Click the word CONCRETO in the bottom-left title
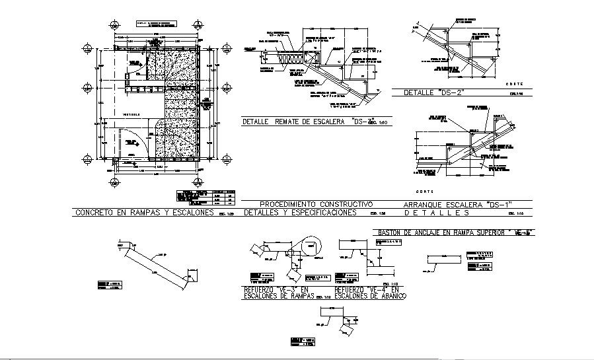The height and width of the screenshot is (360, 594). (93, 213)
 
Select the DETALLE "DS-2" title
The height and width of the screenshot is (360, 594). (431, 93)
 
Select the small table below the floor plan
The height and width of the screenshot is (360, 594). (206, 196)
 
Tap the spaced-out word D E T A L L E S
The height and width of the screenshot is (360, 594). (436, 213)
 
